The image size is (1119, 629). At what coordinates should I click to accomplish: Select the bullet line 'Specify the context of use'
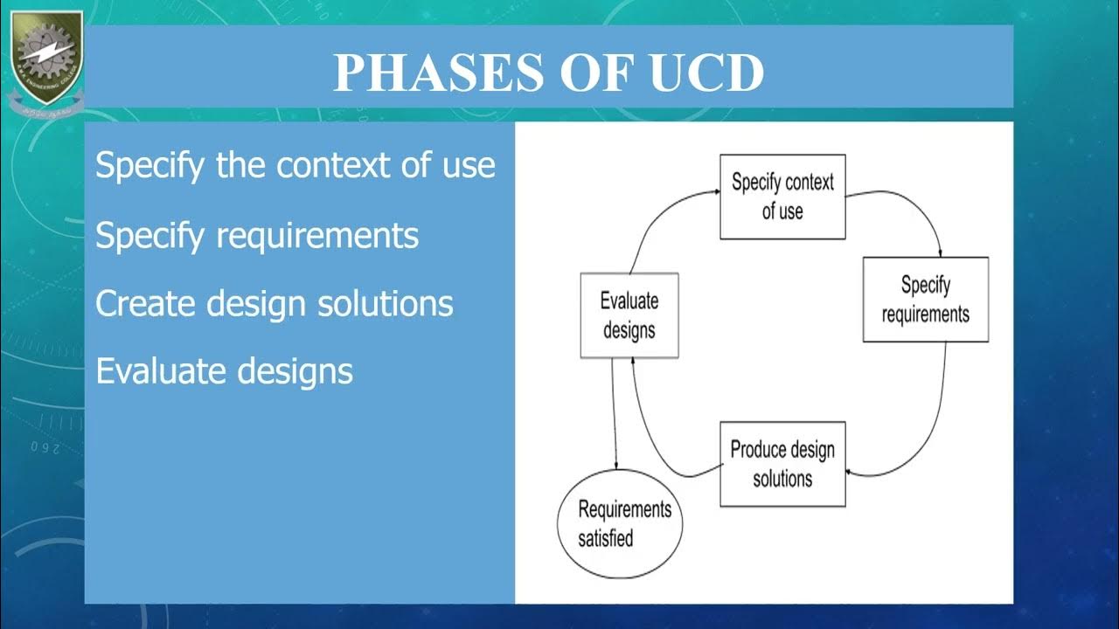click(x=295, y=165)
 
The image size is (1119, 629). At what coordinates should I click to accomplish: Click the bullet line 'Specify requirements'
click(x=257, y=235)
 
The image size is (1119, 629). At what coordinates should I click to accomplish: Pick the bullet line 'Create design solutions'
click(x=275, y=303)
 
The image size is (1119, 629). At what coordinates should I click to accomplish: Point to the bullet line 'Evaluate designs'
click(x=224, y=371)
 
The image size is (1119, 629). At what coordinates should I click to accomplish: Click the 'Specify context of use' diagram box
click(x=782, y=197)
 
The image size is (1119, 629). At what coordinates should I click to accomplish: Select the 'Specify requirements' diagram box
click(x=925, y=299)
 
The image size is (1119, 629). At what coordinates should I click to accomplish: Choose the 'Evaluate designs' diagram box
click(x=629, y=315)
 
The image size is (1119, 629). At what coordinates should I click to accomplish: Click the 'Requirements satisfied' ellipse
click(x=620, y=524)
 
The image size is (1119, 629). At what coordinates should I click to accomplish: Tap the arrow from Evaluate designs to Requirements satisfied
click(x=615, y=415)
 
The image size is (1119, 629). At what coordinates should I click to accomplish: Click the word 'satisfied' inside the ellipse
click(x=605, y=538)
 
